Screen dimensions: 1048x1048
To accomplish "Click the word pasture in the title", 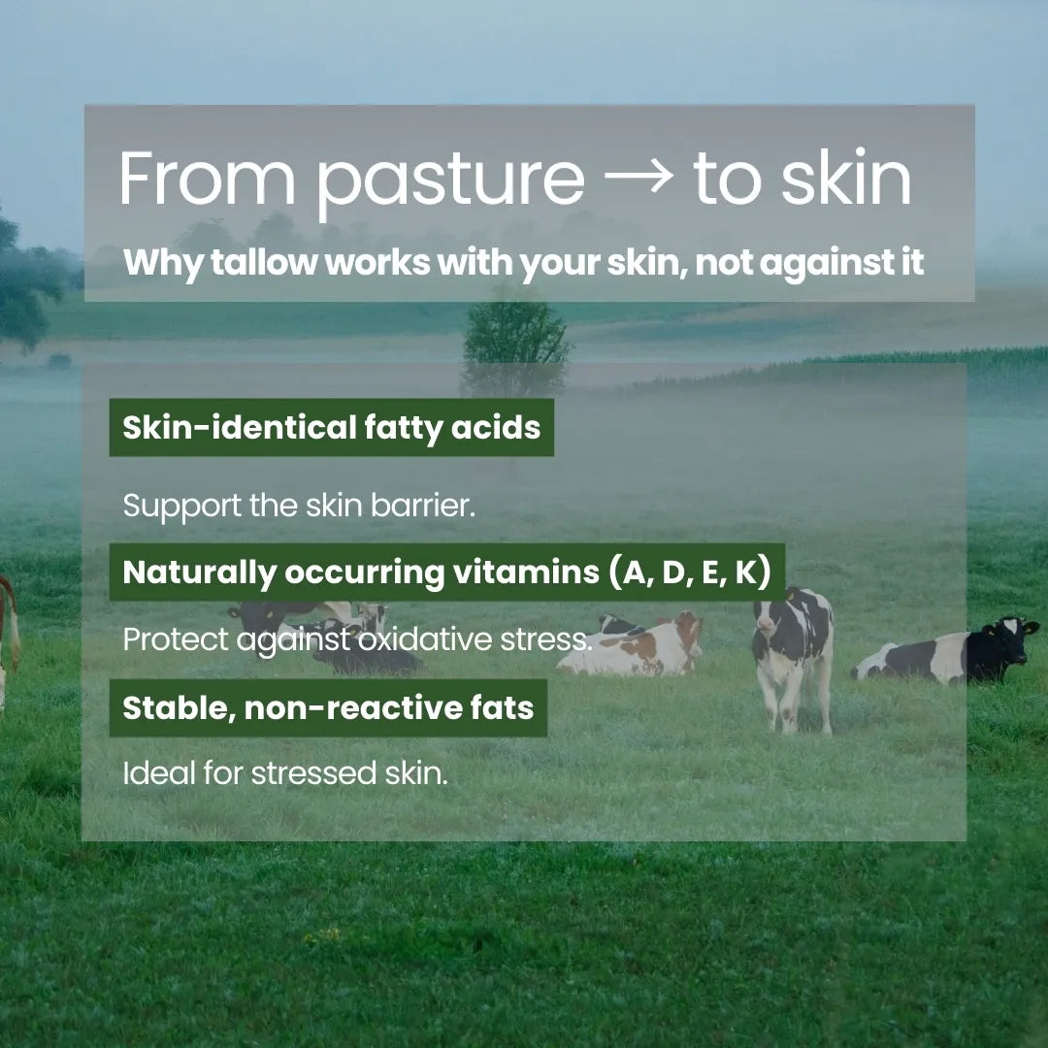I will tap(451, 181).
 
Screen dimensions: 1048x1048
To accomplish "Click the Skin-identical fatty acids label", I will tap(331, 427).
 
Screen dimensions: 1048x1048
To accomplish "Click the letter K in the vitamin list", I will tap(744, 573).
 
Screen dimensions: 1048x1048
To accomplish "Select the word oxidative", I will tap(429, 639).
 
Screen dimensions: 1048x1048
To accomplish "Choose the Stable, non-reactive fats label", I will tap(328, 707).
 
